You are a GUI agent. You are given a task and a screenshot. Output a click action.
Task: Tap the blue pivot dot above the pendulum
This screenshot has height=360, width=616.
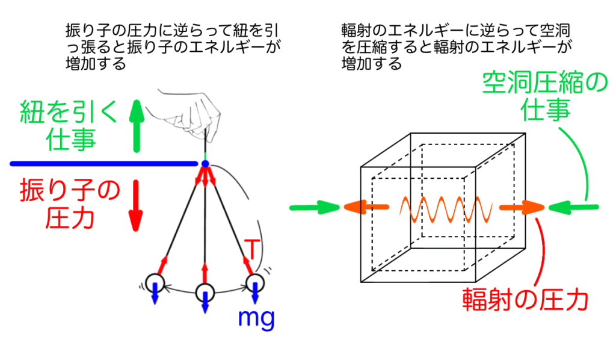(x=205, y=163)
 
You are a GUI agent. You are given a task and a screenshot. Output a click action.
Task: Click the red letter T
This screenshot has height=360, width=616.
(x=253, y=247)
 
